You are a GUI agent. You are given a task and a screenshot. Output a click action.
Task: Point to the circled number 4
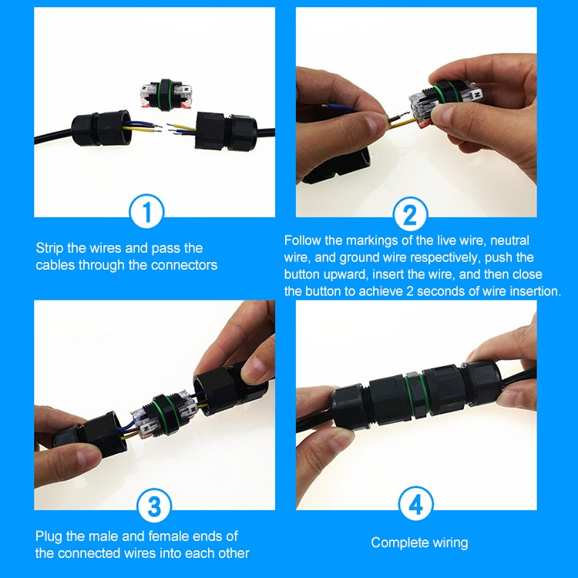coord(415,506)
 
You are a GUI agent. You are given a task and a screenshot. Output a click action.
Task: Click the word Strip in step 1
coord(51,248)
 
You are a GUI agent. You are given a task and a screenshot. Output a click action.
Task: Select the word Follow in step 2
coord(303,240)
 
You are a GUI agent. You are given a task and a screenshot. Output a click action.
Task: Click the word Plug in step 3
coord(49,536)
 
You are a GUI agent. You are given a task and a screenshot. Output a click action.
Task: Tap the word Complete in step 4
coord(398,543)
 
